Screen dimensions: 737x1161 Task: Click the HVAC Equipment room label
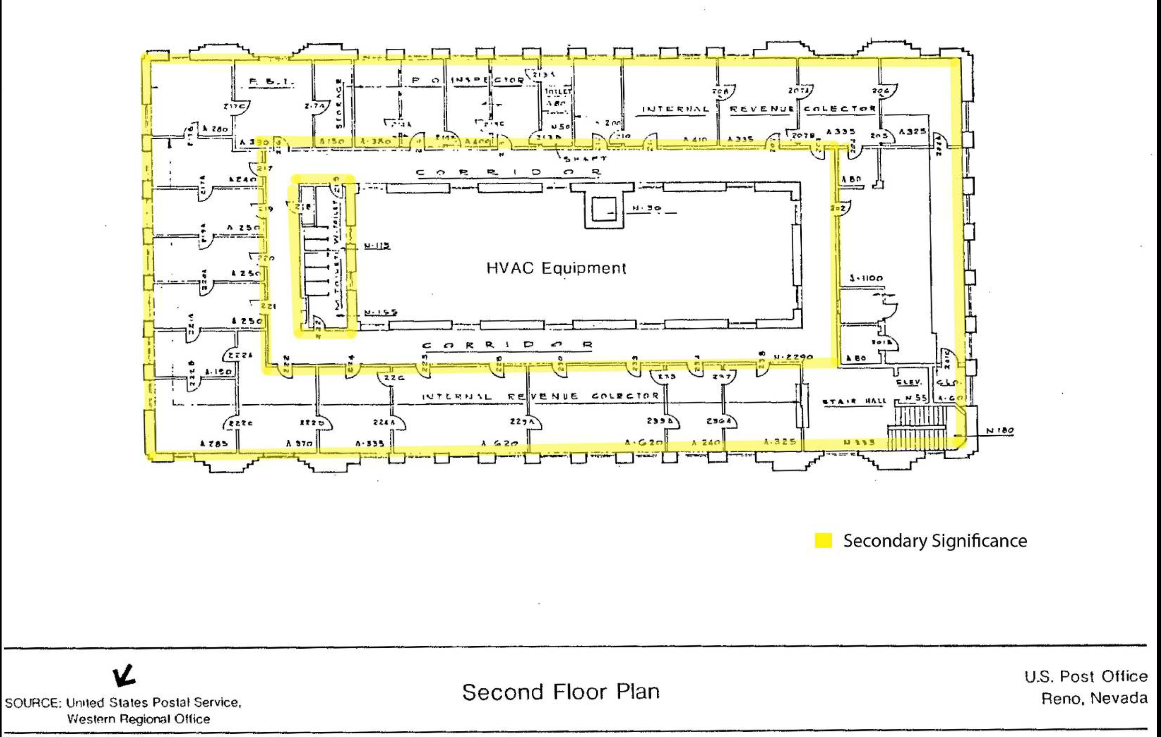556,268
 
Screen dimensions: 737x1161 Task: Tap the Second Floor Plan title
561,692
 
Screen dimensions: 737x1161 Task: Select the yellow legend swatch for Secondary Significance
823,541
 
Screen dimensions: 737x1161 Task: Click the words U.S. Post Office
1086,676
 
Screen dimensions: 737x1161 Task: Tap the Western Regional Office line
138,719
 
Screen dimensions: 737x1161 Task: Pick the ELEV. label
909,382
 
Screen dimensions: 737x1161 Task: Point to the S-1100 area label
866,278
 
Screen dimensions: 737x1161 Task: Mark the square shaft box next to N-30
603,209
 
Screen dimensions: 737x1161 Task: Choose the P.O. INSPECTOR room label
468,80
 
